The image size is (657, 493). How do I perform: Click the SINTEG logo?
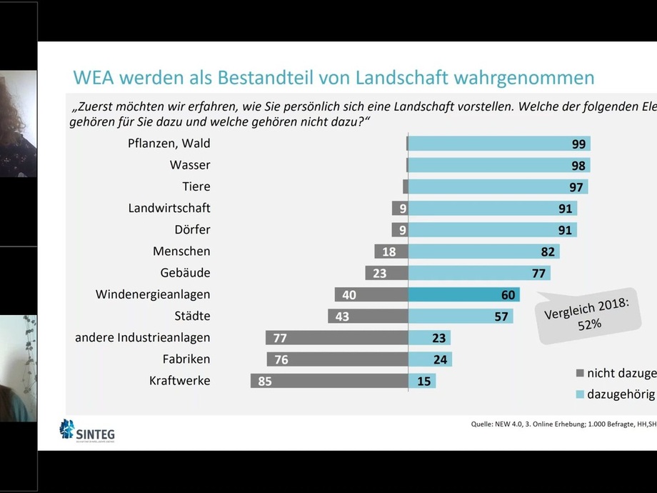tap(86, 431)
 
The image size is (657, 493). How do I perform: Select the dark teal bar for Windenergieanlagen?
tap(463, 294)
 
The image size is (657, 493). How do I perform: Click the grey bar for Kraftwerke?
tap(328, 381)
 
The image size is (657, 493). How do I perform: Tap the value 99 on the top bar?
tap(578, 144)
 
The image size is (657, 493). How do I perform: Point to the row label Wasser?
tap(190, 165)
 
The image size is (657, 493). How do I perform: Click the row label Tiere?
tap(196, 186)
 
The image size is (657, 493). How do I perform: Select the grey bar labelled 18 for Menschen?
tap(391, 252)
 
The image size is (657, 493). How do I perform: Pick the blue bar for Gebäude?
tap(478, 273)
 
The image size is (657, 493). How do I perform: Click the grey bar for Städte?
tap(368, 316)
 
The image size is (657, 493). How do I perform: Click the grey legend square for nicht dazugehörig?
tap(580, 372)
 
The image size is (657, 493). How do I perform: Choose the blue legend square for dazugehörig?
tap(580, 394)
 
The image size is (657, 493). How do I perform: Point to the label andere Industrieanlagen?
tap(143, 337)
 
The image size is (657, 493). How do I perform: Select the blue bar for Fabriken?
tap(430, 359)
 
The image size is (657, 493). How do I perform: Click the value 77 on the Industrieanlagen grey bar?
tap(280, 338)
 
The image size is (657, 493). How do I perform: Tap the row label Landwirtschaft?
tap(169, 208)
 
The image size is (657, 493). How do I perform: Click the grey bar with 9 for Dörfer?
tap(399, 230)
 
